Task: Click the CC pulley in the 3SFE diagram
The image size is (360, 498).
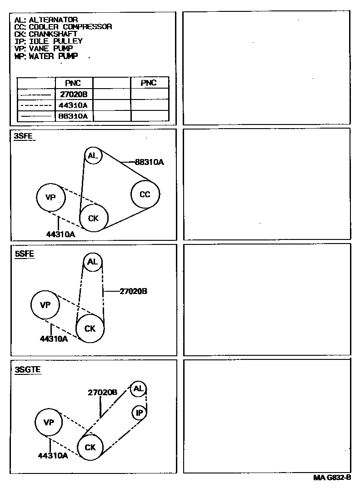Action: pyautogui.click(x=145, y=194)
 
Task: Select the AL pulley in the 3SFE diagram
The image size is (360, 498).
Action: pyautogui.click(x=93, y=156)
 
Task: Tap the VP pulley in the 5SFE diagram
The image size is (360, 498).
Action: pyautogui.click(x=45, y=305)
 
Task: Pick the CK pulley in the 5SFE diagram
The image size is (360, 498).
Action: pyautogui.click(x=90, y=328)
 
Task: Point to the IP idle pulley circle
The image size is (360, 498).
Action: pyautogui.click(x=139, y=413)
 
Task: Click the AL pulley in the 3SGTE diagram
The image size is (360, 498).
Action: pyautogui.click(x=138, y=388)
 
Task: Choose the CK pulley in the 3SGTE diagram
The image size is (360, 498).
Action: pyautogui.click(x=90, y=447)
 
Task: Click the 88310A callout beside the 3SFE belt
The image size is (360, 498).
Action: pyautogui.click(x=149, y=161)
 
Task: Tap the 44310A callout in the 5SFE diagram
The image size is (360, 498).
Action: pyautogui.click(x=54, y=339)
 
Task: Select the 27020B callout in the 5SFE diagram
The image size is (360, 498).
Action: pyautogui.click(x=133, y=291)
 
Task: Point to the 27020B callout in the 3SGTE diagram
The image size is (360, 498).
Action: pyautogui.click(x=102, y=392)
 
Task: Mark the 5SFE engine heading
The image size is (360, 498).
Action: pyautogui.click(x=25, y=254)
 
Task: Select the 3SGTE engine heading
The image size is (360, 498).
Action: pyautogui.click(x=28, y=369)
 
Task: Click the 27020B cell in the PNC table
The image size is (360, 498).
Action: pyautogui.click(x=74, y=95)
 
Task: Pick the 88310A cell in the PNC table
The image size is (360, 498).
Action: pyautogui.click(x=74, y=116)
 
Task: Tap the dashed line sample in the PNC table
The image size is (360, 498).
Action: pyautogui.click(x=36, y=106)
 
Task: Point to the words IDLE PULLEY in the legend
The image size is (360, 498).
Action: pyautogui.click(x=56, y=41)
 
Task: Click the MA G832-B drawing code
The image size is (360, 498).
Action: pyautogui.click(x=332, y=478)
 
